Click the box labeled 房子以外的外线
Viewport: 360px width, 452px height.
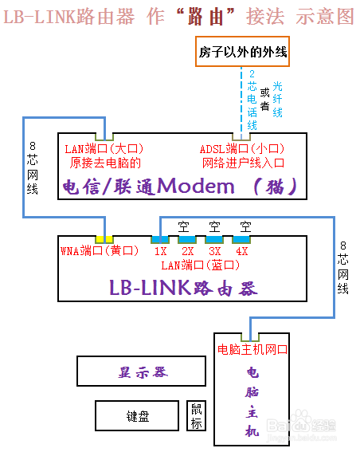tap(242, 54)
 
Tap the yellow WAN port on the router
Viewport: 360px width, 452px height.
tap(104, 239)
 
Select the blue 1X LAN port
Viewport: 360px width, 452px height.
tap(160, 239)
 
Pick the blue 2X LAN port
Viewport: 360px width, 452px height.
tap(187, 239)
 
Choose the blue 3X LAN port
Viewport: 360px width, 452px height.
tap(214, 239)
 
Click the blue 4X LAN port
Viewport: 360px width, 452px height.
tap(241, 239)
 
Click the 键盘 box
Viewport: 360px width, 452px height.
tap(137, 416)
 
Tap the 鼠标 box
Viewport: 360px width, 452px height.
tap(196, 416)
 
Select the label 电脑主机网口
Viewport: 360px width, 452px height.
tap(252, 350)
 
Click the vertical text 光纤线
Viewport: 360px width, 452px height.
tap(278, 99)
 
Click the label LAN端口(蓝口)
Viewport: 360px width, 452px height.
tap(197, 265)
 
